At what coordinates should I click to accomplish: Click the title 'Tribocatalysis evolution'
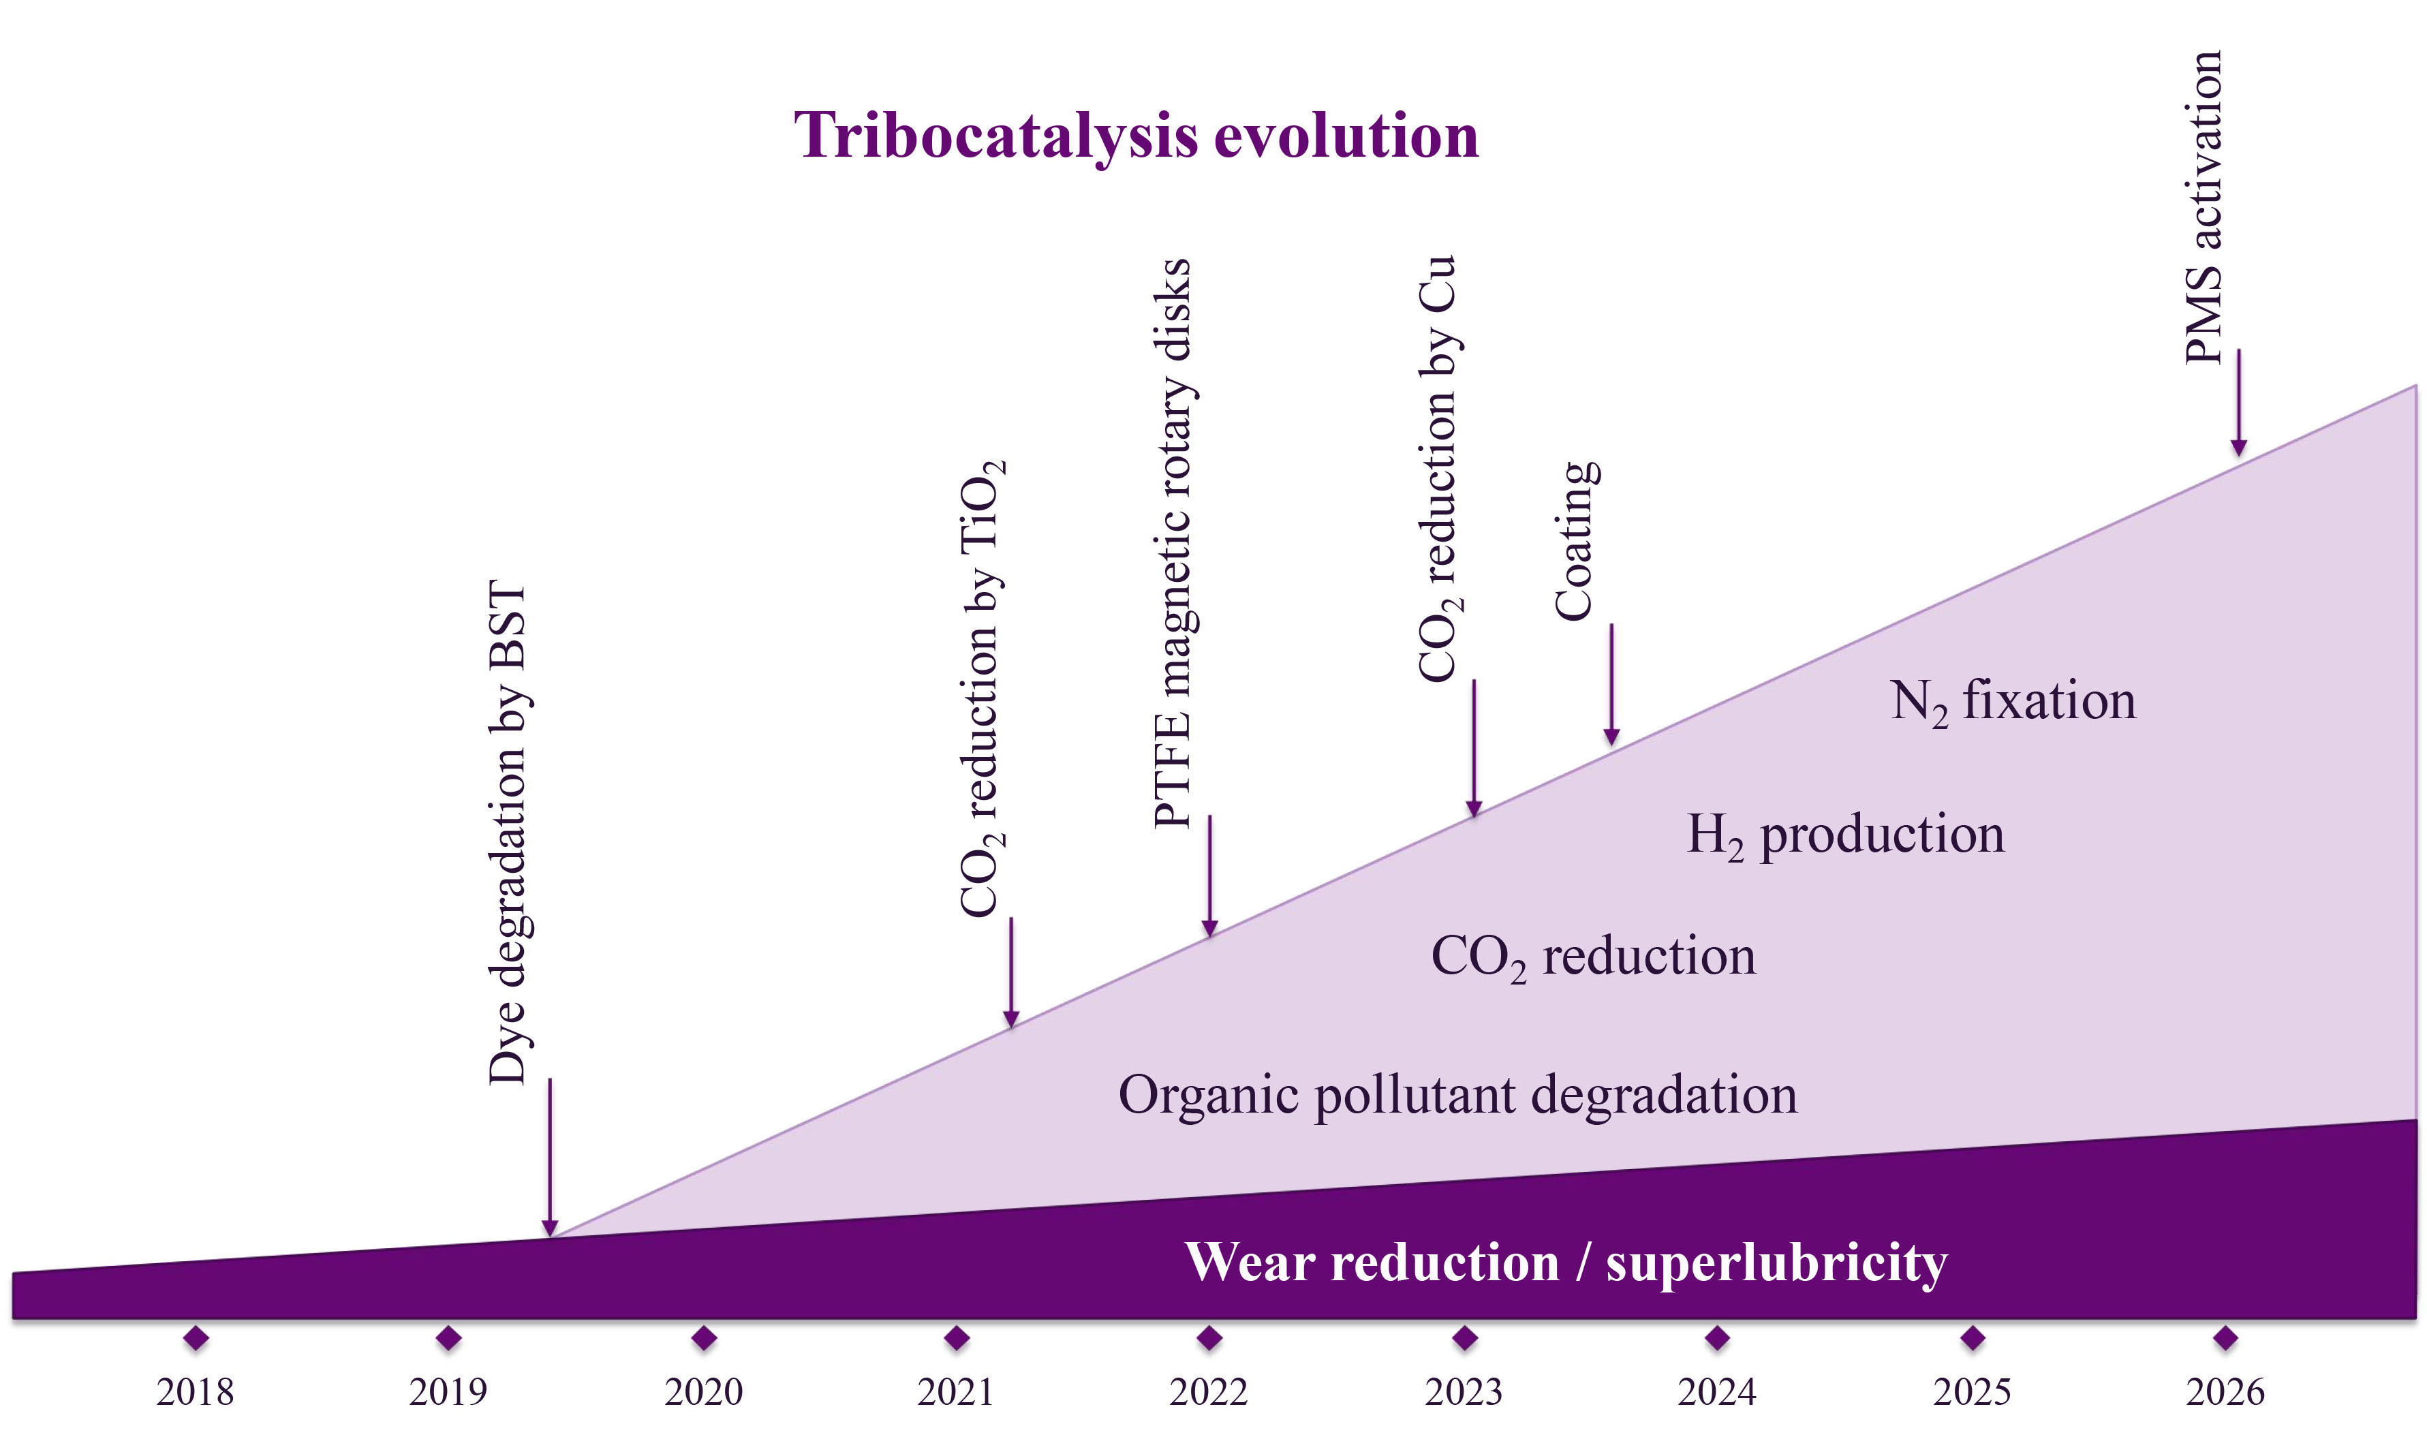point(1136,136)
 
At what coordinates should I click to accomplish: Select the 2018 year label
point(196,1391)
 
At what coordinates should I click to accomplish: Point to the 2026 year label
point(2225,1391)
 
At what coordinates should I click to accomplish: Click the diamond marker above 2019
point(448,1337)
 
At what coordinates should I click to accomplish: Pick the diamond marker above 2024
point(1717,1337)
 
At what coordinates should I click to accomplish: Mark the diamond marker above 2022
point(1209,1337)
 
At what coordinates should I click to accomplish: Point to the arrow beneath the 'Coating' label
point(1611,684)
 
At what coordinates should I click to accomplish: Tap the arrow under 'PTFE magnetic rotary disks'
point(1209,876)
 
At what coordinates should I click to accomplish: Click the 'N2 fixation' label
point(2012,702)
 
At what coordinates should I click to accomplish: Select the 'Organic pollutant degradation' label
point(1458,1095)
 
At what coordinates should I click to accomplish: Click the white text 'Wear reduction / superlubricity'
point(1566,1263)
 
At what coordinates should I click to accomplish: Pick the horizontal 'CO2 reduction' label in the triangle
point(1593,957)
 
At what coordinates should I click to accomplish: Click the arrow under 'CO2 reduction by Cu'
point(1474,747)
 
